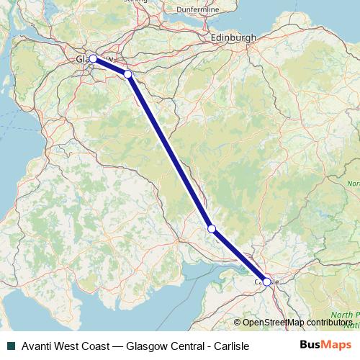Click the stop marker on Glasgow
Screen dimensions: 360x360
point(93,59)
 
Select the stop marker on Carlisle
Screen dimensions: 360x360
point(267,282)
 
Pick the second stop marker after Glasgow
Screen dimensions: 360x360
point(212,228)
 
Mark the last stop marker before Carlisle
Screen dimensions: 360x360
point(212,228)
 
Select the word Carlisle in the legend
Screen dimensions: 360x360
point(229,346)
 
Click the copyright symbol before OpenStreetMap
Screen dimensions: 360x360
point(238,323)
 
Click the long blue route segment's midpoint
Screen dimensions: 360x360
point(170,151)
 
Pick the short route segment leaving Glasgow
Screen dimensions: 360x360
point(110,66)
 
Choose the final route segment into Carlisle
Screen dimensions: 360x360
point(240,256)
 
